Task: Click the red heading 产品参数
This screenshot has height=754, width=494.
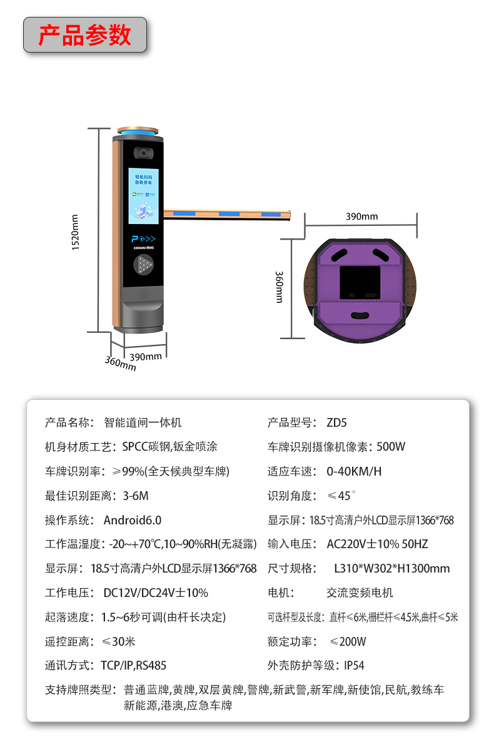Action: [x=85, y=35]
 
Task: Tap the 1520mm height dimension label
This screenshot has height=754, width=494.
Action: [x=76, y=232]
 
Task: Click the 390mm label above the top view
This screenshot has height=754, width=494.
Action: [x=361, y=217]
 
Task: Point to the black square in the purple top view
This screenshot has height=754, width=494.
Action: [x=359, y=283]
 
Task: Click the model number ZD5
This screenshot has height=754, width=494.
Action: [x=336, y=422]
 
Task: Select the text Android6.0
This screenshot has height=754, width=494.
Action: [x=132, y=520]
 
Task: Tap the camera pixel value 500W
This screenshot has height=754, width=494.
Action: [x=391, y=447]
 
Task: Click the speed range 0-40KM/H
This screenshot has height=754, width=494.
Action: [x=354, y=471]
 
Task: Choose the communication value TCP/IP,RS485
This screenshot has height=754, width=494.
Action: [x=133, y=666]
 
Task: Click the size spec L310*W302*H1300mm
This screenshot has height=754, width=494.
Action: [x=391, y=569]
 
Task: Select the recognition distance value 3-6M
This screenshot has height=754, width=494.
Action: [x=135, y=496]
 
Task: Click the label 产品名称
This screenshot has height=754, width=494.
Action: [x=69, y=422]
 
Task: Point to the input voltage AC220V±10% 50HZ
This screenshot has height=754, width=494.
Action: [x=377, y=544]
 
